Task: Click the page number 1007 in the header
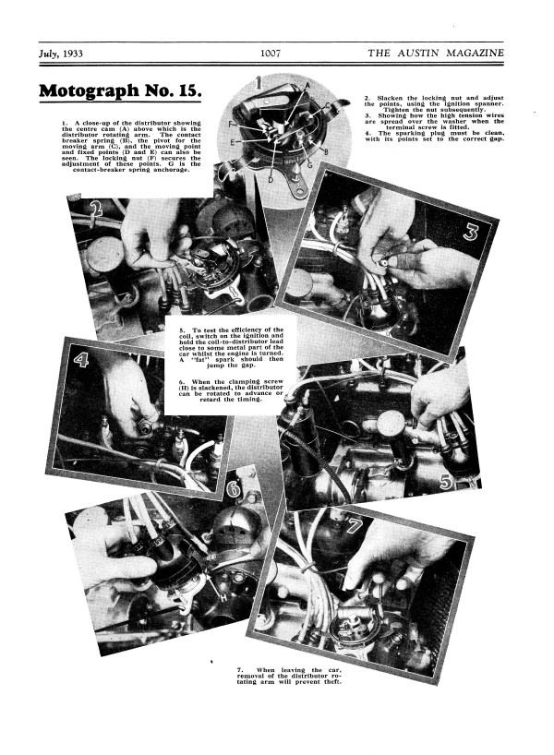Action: pos(271,53)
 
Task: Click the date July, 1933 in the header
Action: pos(61,54)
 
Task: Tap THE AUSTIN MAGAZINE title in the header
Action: pos(436,53)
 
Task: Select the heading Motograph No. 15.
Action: pos(120,90)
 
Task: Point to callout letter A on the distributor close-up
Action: pos(307,85)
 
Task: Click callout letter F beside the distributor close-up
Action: pos(231,125)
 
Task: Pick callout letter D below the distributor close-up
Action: pos(271,180)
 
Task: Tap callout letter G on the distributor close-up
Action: pos(309,165)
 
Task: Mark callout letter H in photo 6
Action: pos(223,598)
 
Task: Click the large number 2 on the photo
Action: pos(97,208)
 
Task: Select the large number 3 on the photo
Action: pos(470,232)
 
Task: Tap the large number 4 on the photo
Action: pos(80,359)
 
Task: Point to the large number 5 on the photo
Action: pos(446,482)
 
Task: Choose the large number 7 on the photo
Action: pos(354,525)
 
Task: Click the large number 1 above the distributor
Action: pos(259,83)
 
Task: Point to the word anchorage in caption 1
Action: pos(171,170)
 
